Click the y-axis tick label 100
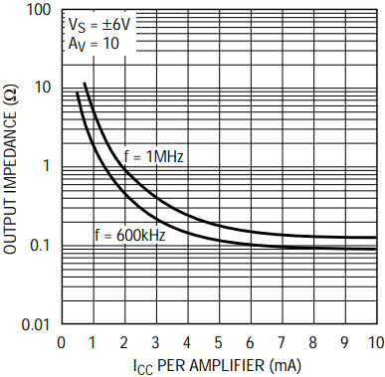coord(38,10)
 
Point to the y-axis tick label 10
coord(43,88)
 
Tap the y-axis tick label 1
coord(46,166)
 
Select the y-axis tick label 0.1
coord(39,246)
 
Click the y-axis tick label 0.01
coord(36,324)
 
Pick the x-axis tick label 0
coord(61,343)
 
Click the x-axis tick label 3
coord(155,343)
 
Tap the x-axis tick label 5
coord(218,343)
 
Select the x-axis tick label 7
coord(282,343)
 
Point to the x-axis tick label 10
coord(375,343)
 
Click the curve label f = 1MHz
coord(153,156)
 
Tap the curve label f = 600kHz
coord(130,236)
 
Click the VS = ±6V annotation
coord(98,26)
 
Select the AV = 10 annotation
coord(94,44)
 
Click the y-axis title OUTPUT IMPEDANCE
coord(11,171)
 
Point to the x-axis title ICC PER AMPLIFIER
coord(218,366)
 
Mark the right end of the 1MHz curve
coord(376,238)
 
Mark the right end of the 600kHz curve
coord(376,249)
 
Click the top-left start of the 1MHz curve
coord(85,83)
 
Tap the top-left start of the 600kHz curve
coord(78,93)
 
